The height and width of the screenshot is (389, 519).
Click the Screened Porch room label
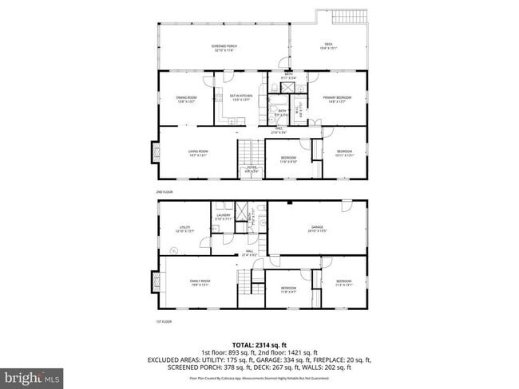click(224, 48)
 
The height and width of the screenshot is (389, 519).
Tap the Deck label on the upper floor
click(328, 45)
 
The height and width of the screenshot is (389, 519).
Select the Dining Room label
click(186, 99)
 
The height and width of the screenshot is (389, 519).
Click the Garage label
click(318, 229)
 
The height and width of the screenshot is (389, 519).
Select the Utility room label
click(184, 230)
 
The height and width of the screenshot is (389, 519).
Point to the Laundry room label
click(224, 216)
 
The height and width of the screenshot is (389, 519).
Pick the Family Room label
click(200, 283)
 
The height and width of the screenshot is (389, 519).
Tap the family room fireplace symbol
click(154, 281)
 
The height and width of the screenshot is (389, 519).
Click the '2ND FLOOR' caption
click(164, 192)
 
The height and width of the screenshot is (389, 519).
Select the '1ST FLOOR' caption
click(164, 321)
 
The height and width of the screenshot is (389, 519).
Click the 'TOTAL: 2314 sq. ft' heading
click(259, 344)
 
